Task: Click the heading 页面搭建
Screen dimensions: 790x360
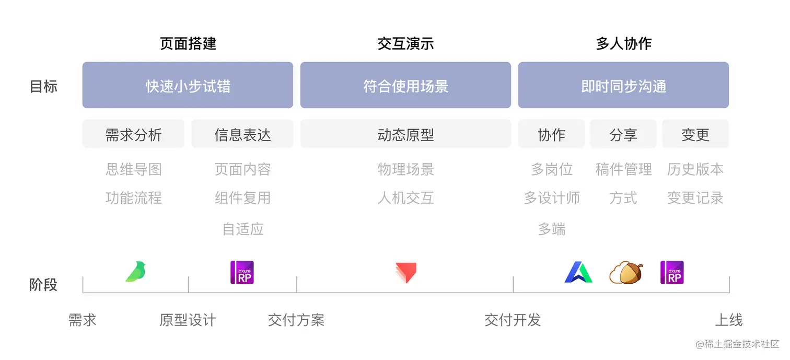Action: pyautogui.click(x=188, y=43)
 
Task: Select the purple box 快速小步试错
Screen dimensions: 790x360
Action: pyautogui.click(x=188, y=85)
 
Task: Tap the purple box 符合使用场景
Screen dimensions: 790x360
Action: pyautogui.click(x=405, y=85)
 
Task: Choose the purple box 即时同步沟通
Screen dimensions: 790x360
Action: pyautogui.click(x=623, y=85)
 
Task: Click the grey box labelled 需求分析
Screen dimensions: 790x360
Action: pyautogui.click(x=133, y=134)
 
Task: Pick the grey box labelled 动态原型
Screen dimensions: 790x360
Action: pyautogui.click(x=405, y=134)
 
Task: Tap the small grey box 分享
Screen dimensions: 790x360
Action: pyautogui.click(x=623, y=134)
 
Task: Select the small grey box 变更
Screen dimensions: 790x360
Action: pyautogui.click(x=695, y=134)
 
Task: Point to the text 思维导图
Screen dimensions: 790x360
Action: pyautogui.click(x=133, y=169)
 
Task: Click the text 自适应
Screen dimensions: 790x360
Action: pyautogui.click(x=243, y=229)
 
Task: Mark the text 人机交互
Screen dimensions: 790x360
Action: pyautogui.click(x=405, y=198)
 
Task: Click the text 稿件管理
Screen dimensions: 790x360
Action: pyautogui.click(x=623, y=169)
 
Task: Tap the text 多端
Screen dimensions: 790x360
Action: pyautogui.click(x=552, y=229)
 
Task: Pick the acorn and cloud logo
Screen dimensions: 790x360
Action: pyautogui.click(x=625, y=272)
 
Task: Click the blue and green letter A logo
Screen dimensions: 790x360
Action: pyautogui.click(x=578, y=272)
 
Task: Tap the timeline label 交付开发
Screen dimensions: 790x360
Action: pyautogui.click(x=513, y=320)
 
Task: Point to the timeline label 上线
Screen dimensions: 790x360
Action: pyautogui.click(x=729, y=320)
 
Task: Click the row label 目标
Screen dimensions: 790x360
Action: pyautogui.click(x=43, y=86)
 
